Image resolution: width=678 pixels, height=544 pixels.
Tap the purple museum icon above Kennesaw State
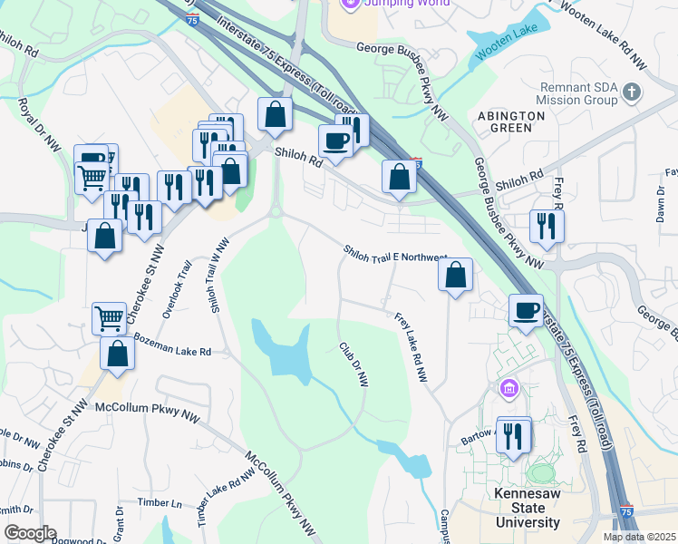(509, 390)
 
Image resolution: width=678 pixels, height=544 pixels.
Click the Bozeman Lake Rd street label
(171, 345)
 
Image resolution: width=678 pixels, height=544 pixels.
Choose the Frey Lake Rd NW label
(410, 346)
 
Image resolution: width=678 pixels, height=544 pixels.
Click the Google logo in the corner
(29, 533)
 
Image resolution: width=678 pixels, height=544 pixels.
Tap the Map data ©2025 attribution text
(638, 537)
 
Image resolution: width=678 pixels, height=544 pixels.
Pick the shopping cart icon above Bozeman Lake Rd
(109, 318)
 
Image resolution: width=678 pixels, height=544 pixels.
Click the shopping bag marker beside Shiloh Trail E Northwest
(456, 274)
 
